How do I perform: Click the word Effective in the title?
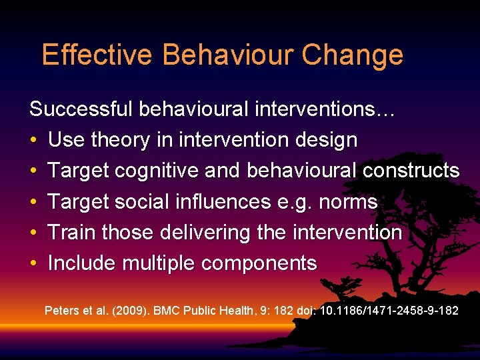tap(97, 55)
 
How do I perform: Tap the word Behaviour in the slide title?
tap(227, 55)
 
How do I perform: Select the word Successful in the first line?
tap(81, 109)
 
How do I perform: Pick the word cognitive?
tap(159, 171)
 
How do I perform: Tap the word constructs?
tap(411, 171)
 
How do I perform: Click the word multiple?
tap(161, 264)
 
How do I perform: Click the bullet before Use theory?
tap(33, 141)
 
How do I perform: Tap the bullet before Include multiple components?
tap(33, 264)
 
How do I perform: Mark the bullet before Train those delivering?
tap(33, 233)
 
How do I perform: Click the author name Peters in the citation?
tap(60, 311)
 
